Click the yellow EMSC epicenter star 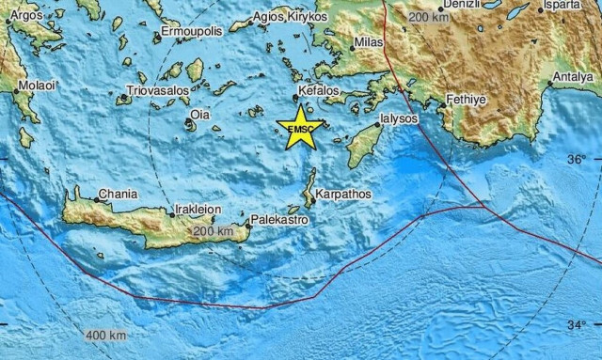click(300, 131)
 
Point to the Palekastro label click(278, 220)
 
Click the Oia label click(200, 115)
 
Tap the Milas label click(368, 44)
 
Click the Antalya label click(577, 75)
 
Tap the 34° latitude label click(576, 325)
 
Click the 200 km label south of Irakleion click(213, 230)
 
